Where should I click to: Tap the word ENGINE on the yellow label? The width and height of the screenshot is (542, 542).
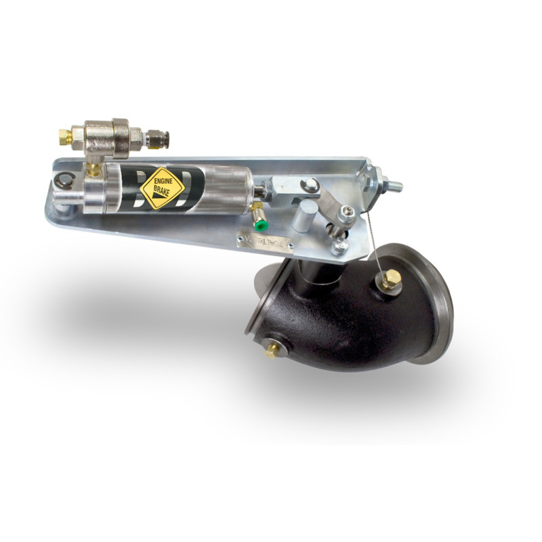163,182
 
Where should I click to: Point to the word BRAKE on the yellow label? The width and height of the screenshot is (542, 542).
163,192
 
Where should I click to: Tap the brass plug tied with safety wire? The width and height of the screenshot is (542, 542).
390,278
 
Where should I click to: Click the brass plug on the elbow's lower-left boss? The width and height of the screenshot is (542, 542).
272,350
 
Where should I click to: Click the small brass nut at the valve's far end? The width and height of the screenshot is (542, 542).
65,137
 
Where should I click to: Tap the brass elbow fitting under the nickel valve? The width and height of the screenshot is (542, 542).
94,167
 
